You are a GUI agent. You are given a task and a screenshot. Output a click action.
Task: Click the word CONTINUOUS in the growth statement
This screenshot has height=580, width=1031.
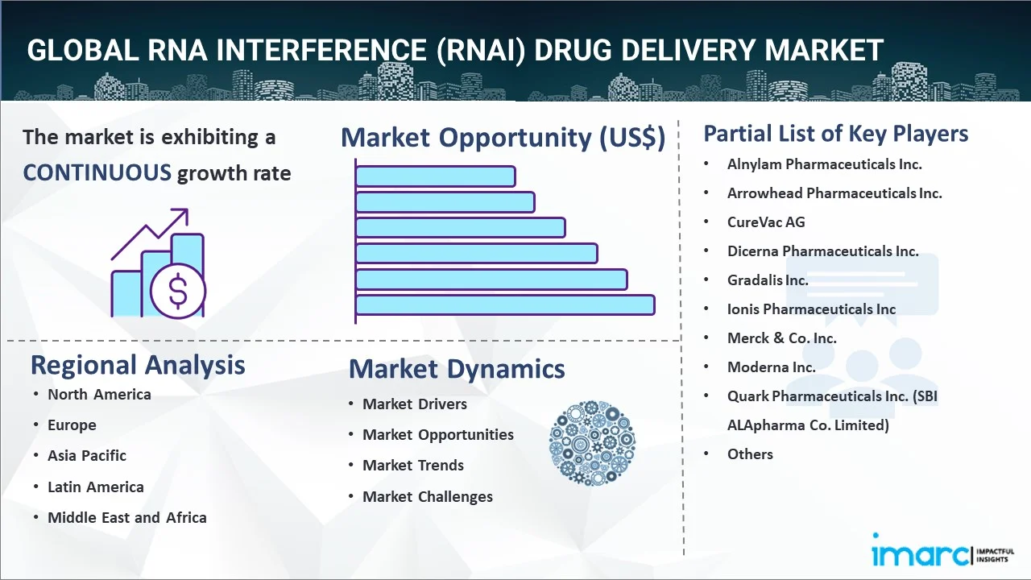click(x=97, y=172)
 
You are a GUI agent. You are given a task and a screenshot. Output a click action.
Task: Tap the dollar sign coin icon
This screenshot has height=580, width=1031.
click(x=178, y=292)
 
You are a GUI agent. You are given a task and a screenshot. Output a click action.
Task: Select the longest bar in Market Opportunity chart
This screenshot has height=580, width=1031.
click(x=504, y=304)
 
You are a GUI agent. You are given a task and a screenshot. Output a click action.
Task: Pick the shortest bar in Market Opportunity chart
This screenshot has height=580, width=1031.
click(x=435, y=176)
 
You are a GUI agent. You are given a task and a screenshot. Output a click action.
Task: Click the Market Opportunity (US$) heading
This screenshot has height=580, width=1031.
click(x=503, y=138)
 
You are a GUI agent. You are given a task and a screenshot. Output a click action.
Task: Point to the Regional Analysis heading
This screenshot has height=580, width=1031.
click(x=138, y=365)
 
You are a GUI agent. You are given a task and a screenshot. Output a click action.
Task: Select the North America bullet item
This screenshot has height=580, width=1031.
click(x=99, y=394)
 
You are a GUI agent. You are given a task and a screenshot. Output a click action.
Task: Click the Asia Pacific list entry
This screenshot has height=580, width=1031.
click(x=87, y=455)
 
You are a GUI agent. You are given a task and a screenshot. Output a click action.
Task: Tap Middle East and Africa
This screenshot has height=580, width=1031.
click(x=127, y=517)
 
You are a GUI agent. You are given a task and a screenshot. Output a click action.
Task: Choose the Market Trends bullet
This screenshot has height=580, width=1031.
click(x=413, y=465)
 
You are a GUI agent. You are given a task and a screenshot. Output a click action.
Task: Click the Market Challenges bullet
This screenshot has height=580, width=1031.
click(x=427, y=496)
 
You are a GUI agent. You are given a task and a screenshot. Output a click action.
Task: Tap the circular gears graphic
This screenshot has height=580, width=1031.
click(x=592, y=443)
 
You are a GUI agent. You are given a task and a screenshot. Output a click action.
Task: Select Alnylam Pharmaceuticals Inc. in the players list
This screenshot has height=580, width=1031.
click(x=824, y=164)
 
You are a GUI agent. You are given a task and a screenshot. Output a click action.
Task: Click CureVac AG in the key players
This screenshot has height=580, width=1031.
click(x=766, y=222)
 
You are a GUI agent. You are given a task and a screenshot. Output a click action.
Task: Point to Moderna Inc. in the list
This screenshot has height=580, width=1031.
click(x=771, y=367)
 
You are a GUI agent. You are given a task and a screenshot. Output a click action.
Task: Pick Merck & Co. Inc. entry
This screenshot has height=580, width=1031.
click(x=781, y=338)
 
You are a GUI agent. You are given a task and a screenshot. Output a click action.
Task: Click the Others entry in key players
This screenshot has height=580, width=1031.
click(x=750, y=454)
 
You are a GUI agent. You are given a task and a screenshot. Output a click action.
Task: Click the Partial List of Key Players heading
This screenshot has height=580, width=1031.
click(x=836, y=133)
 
